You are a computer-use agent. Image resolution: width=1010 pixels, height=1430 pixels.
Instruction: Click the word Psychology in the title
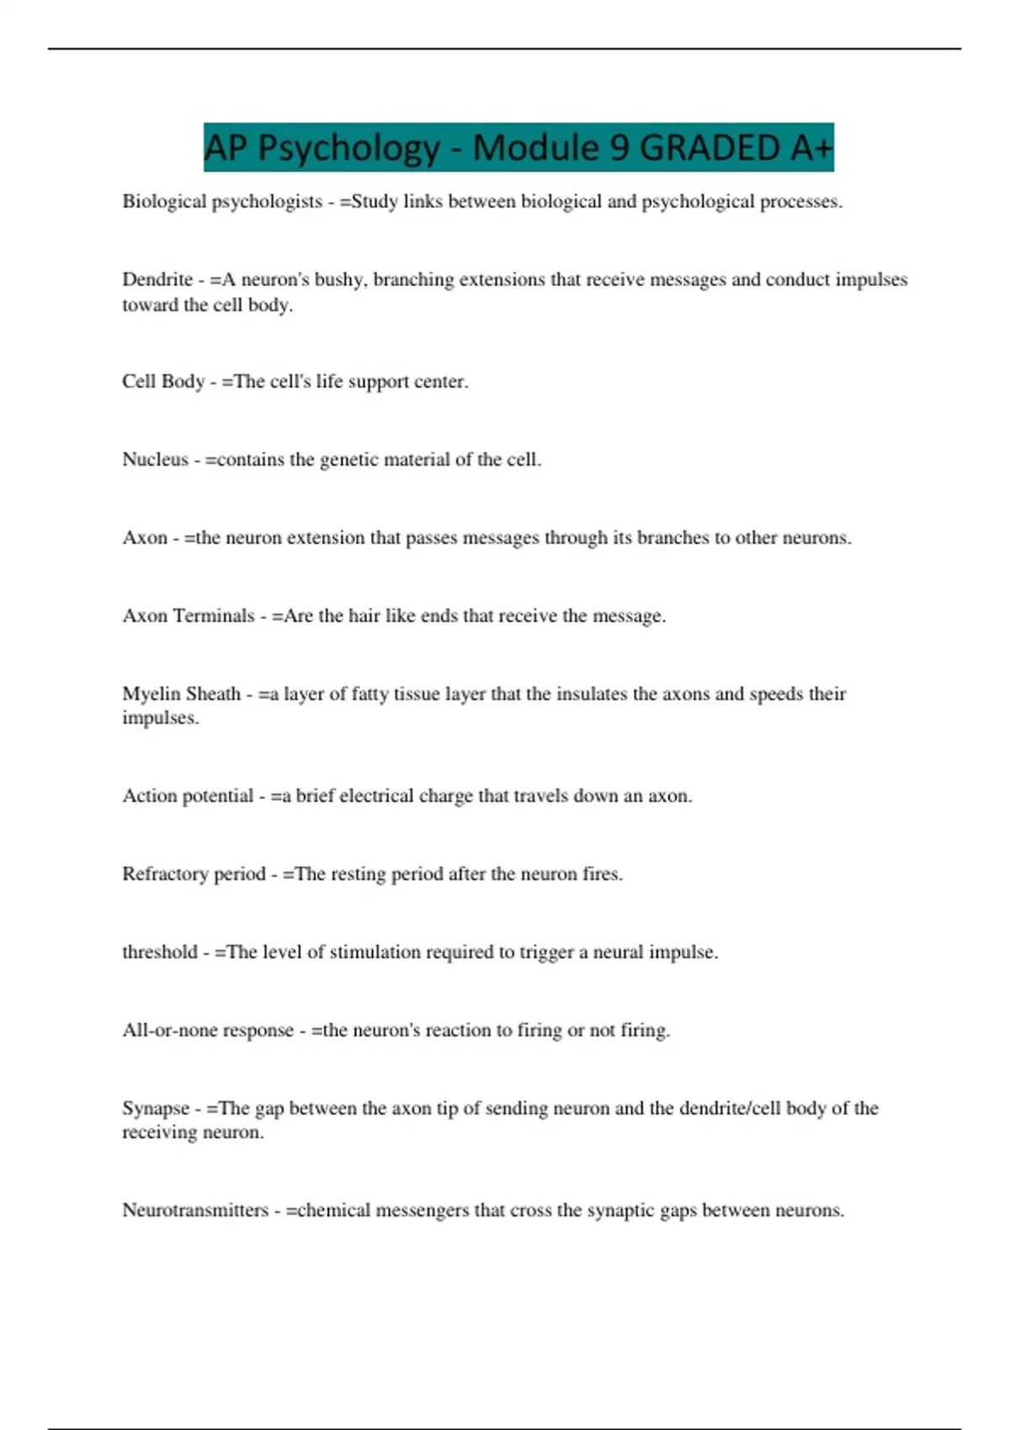[348, 148]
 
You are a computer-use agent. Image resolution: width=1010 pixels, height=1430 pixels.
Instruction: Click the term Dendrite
[157, 279]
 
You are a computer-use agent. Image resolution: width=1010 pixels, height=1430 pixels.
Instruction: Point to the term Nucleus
[156, 459]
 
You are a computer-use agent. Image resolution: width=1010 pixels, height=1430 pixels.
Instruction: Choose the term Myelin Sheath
[181, 694]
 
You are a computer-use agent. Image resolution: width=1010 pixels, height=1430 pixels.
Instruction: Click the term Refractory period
[194, 874]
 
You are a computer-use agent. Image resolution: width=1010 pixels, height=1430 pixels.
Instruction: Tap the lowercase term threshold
[160, 952]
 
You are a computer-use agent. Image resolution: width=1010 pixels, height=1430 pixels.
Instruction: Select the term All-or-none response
[208, 1030]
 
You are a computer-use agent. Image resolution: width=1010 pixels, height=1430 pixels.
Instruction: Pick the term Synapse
[156, 1109]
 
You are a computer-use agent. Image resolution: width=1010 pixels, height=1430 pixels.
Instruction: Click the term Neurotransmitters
[195, 1210]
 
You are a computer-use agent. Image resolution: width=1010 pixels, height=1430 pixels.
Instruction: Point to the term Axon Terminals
[189, 616]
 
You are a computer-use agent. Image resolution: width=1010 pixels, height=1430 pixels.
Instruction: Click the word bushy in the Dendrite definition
[339, 279]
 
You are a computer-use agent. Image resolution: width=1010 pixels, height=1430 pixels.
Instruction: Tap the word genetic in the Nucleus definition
[350, 460]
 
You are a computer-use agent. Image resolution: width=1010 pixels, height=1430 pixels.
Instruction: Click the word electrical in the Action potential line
[377, 796]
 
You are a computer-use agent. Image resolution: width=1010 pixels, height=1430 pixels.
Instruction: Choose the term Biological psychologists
[222, 202]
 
